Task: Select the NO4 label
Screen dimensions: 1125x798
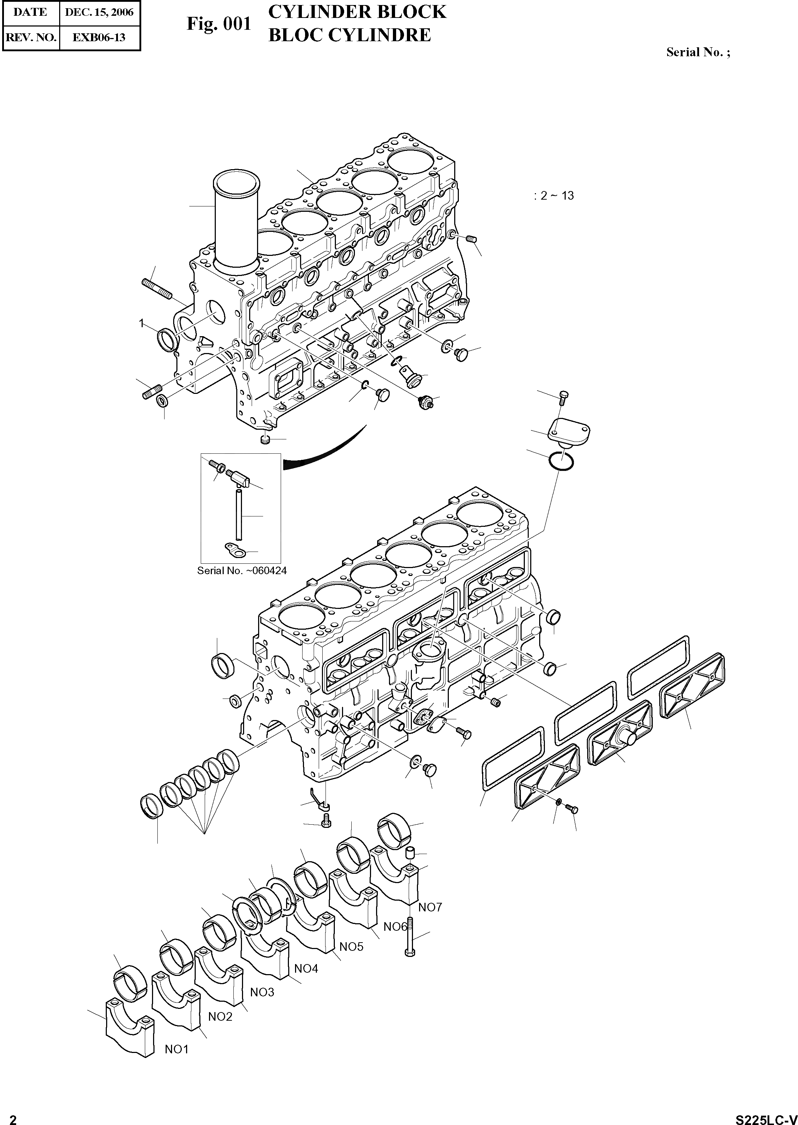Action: tap(306, 968)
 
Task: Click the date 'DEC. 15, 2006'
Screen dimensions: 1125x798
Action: tap(99, 12)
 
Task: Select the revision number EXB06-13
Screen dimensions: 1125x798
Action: tap(99, 37)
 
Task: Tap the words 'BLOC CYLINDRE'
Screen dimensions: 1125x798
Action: tap(350, 35)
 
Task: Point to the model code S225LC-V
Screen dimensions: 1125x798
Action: tap(766, 1117)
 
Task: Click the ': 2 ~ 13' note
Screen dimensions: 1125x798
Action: tap(554, 196)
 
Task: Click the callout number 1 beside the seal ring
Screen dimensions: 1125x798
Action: tap(142, 323)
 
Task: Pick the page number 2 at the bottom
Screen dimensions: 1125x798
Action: tap(13, 1117)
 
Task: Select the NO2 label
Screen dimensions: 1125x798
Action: tap(220, 1016)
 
